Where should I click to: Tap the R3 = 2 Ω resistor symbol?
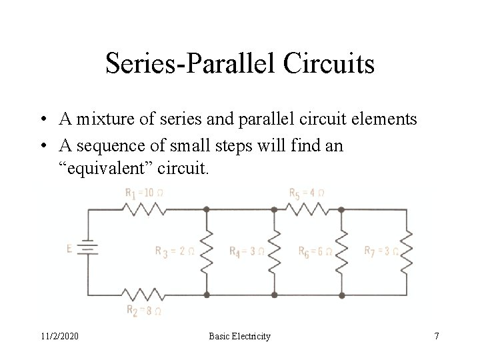click(x=206, y=251)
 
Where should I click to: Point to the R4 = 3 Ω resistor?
click(x=273, y=251)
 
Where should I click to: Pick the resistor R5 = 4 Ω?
click(x=308, y=208)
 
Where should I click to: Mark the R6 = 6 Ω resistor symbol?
click(x=341, y=251)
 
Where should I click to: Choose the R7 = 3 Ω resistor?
click(x=406, y=251)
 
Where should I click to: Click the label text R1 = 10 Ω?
click(x=144, y=193)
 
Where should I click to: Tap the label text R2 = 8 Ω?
click(x=143, y=310)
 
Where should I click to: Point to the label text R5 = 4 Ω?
click(x=307, y=193)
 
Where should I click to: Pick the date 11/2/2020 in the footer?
click(x=59, y=337)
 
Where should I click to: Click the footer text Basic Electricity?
click(x=240, y=337)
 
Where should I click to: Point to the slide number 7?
click(x=437, y=337)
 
